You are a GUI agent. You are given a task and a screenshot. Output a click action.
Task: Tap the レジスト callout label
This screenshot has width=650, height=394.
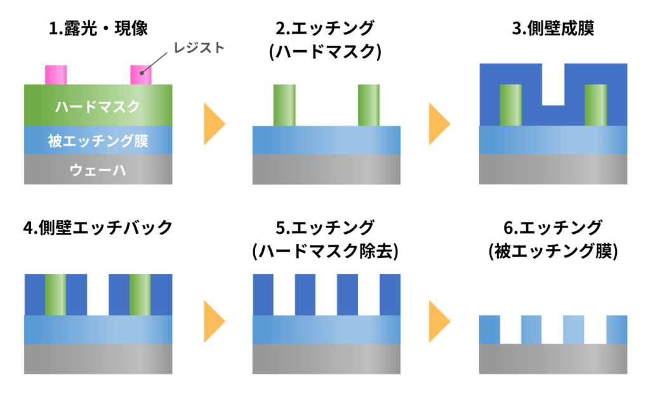[x=201, y=48]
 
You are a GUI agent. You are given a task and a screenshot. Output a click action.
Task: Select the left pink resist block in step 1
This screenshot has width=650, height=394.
[x=56, y=74]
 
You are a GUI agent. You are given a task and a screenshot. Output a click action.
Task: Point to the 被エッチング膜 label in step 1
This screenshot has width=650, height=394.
[x=98, y=140]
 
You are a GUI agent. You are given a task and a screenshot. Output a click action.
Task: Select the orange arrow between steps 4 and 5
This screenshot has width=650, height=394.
[x=215, y=316]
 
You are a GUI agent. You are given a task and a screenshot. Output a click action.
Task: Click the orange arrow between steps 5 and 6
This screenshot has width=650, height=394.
[x=439, y=316]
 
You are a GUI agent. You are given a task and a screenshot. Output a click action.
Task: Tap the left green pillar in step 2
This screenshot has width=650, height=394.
[x=284, y=105]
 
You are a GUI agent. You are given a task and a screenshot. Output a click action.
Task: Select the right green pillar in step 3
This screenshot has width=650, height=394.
[x=595, y=105]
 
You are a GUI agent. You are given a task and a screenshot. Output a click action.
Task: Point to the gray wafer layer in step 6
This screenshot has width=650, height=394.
[x=553, y=358]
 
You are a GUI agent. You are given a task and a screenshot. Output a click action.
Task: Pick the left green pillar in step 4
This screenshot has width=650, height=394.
[x=55, y=294]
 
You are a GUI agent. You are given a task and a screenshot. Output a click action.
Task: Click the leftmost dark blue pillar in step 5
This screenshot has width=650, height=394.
[x=263, y=294]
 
